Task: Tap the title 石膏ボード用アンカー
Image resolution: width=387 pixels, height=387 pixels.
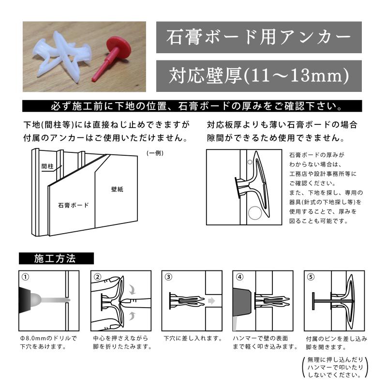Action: (x=258, y=37)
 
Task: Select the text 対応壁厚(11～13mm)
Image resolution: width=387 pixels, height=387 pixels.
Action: (x=258, y=76)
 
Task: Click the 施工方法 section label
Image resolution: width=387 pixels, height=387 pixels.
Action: (x=54, y=258)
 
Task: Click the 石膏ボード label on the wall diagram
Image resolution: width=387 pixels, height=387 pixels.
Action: (x=74, y=205)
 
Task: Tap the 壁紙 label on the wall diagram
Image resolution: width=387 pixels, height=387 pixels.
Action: (x=117, y=190)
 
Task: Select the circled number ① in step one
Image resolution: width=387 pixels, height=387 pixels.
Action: (x=25, y=277)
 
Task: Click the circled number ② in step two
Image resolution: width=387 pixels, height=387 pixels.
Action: (x=98, y=277)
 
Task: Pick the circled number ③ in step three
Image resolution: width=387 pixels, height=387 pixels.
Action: (x=168, y=277)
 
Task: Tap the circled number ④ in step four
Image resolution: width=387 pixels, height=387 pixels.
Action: (x=239, y=277)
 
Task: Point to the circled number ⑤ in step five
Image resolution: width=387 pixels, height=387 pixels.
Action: (x=310, y=277)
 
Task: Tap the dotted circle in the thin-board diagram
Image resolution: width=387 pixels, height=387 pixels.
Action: (x=253, y=213)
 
